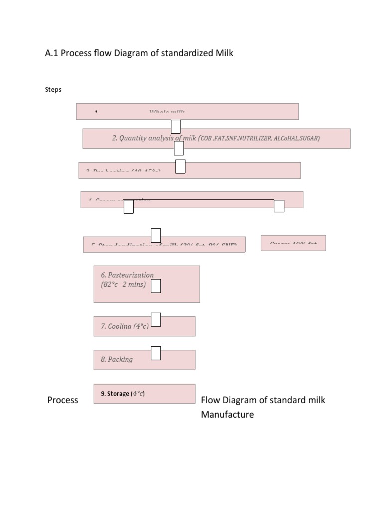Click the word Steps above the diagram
point(53,90)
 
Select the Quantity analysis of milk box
point(216,138)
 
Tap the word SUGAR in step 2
point(308,138)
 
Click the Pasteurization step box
point(147,284)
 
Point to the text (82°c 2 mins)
point(123,285)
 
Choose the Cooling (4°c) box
point(144,326)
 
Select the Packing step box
point(144,359)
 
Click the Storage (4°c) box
point(144,393)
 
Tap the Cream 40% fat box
point(293,243)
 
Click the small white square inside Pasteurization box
point(156,286)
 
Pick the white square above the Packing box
point(156,353)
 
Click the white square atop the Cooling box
point(156,319)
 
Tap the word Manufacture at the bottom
point(227,414)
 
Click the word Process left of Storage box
point(63,400)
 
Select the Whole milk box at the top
point(187,111)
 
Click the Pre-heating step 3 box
point(190,170)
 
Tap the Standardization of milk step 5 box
point(164,244)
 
